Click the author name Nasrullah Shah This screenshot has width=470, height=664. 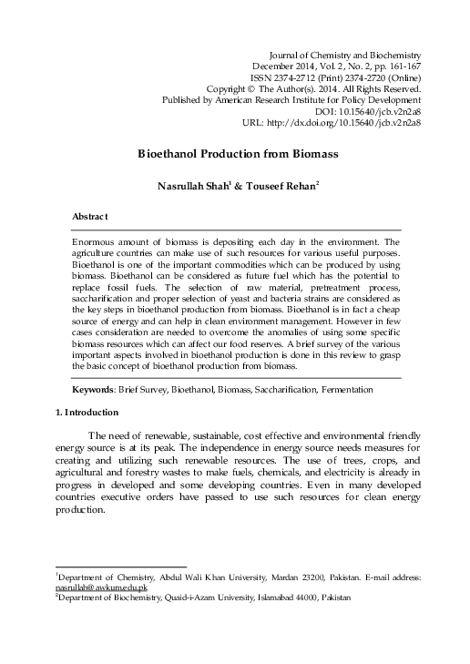click(x=191, y=186)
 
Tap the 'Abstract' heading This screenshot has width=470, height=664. click(x=90, y=217)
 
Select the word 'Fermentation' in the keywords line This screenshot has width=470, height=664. click(x=342, y=390)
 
